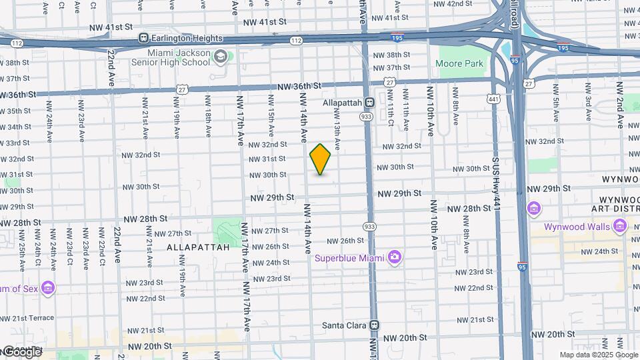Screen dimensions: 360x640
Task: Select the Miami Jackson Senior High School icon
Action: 219,57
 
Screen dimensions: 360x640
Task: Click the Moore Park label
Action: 459,64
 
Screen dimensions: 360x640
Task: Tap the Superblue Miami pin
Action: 395,257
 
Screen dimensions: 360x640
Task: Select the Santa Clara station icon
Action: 375,325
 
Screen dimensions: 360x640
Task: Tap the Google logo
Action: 21,351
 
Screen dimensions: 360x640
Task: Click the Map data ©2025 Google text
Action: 598,355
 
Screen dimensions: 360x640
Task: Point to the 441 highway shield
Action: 493,99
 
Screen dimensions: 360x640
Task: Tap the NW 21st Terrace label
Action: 27,318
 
